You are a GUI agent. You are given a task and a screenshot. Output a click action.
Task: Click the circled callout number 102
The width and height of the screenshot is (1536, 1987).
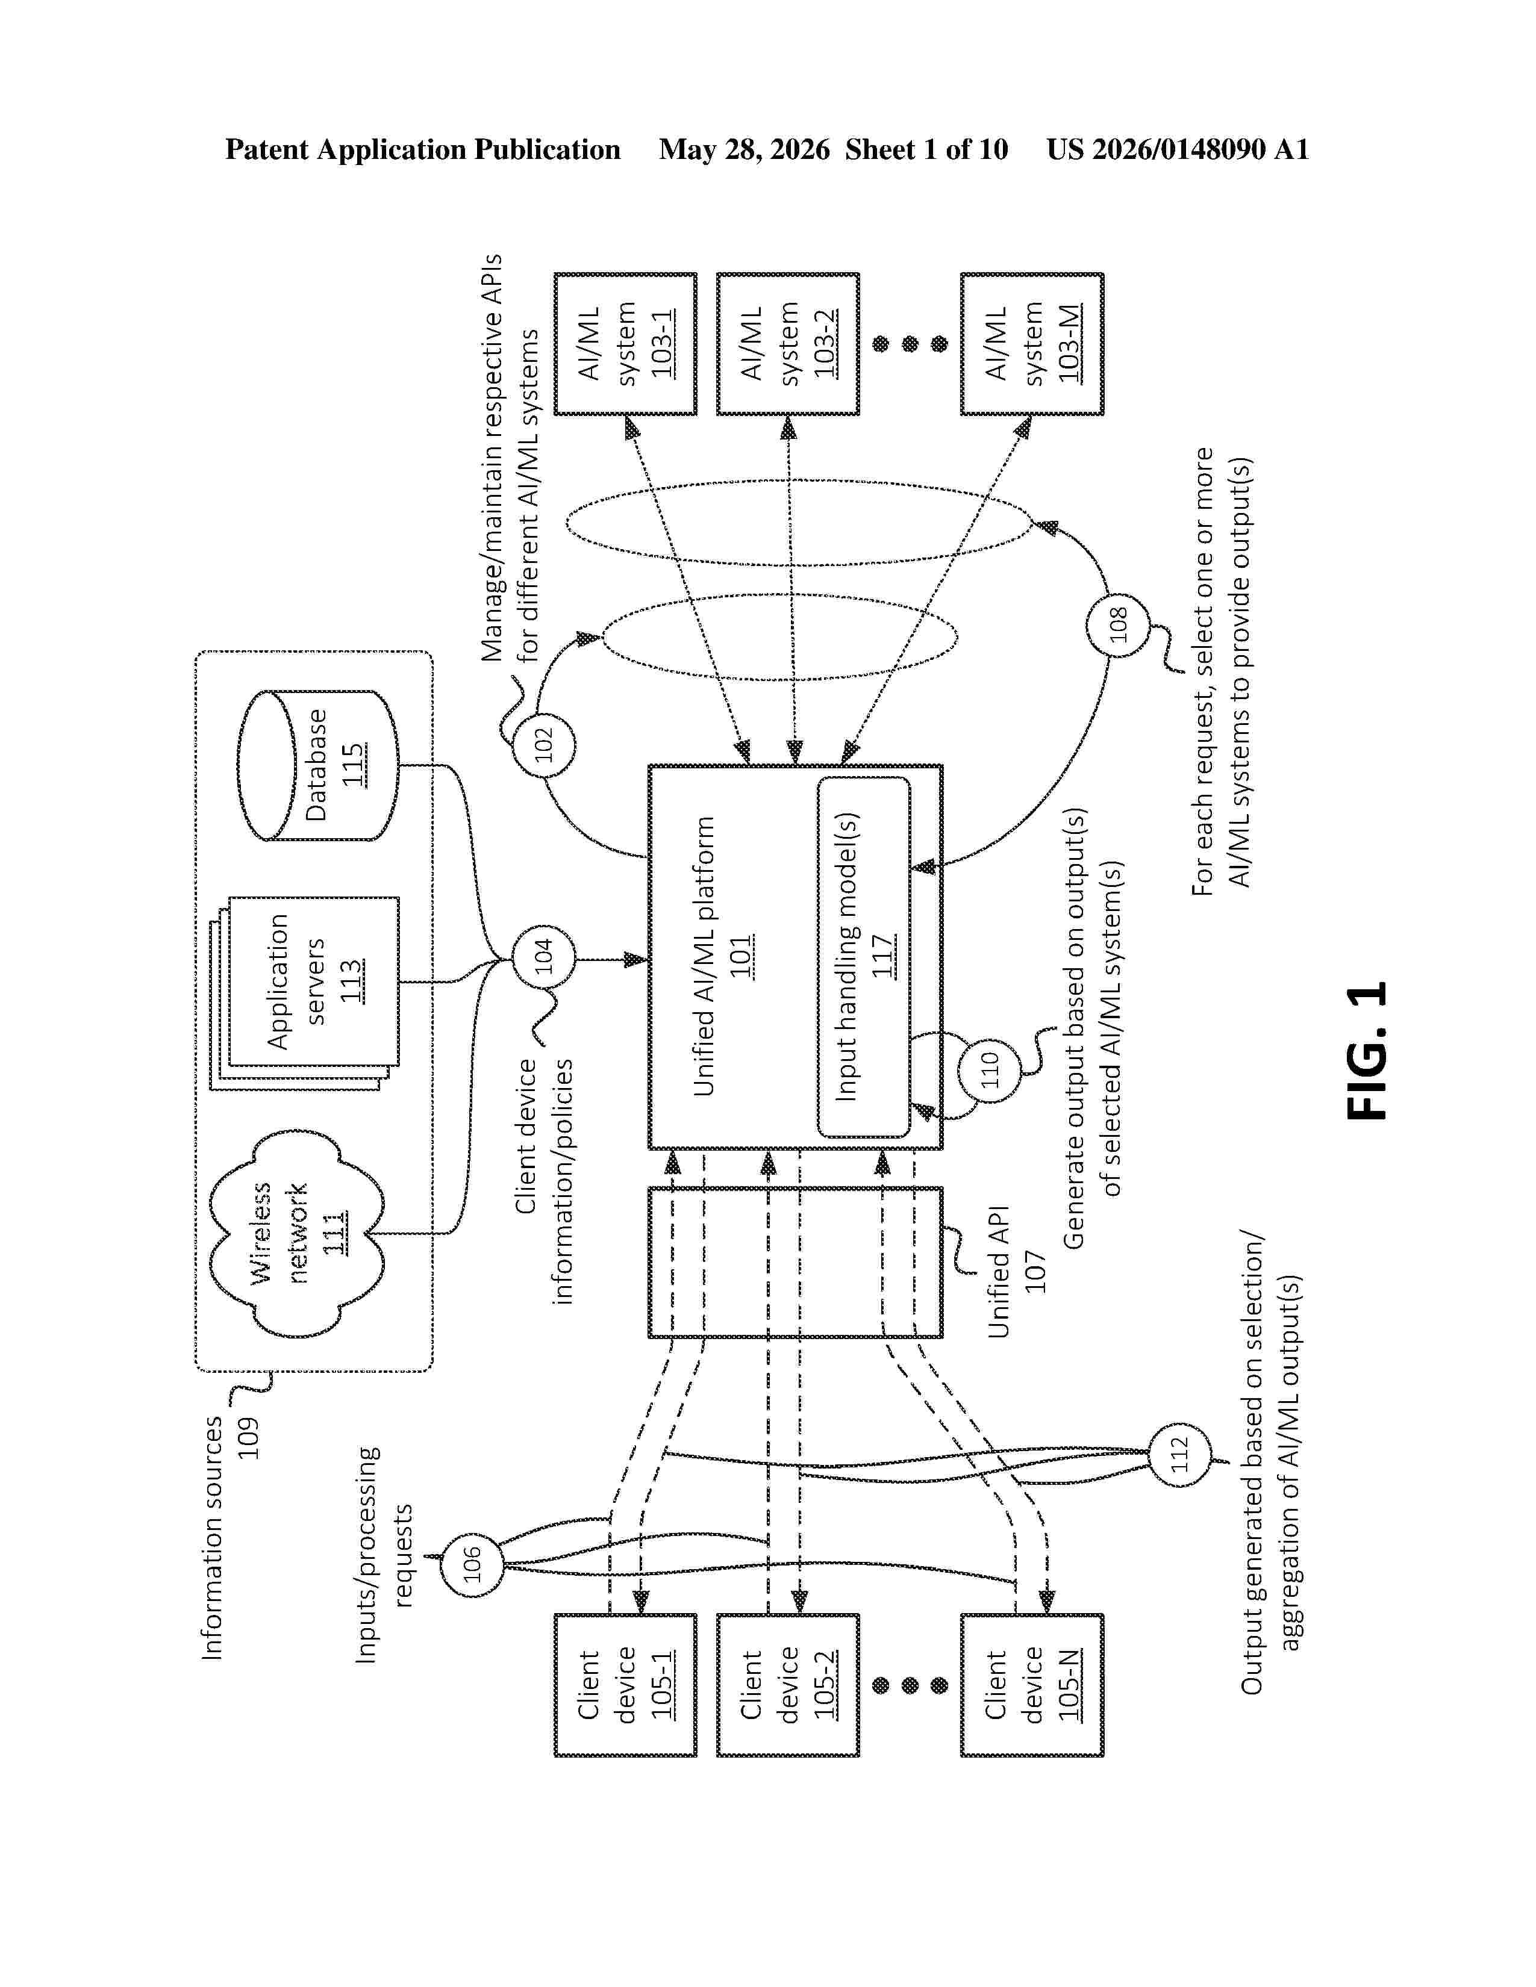coord(543,745)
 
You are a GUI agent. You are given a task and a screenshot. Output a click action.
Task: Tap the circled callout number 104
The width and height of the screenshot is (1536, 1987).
coord(543,958)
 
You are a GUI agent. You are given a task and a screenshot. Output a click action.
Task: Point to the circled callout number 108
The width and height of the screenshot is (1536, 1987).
coord(1119,625)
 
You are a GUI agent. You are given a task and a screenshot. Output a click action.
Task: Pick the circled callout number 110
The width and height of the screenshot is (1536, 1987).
coord(990,1070)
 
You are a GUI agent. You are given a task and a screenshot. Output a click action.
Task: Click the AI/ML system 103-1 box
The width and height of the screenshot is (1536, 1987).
coord(626,344)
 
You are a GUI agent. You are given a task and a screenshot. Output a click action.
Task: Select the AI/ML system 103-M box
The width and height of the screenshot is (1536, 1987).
coord(1032,344)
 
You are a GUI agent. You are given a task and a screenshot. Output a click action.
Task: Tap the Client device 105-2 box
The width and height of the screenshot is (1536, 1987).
coord(788,1685)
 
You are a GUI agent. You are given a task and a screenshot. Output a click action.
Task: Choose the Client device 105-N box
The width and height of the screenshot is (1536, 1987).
coord(1032,1685)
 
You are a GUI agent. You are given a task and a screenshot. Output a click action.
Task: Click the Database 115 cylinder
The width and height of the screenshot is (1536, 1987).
coord(317,765)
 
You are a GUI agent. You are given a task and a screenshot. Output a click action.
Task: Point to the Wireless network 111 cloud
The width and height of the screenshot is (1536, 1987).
coord(296,1234)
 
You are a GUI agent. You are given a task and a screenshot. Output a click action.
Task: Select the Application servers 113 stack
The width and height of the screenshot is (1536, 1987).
coord(304,994)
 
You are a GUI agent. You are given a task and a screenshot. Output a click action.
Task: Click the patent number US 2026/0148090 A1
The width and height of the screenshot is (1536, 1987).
coord(1178,149)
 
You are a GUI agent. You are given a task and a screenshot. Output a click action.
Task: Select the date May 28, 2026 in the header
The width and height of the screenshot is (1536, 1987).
coord(745,150)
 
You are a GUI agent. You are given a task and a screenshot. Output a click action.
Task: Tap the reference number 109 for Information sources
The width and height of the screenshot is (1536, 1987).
coord(248,1437)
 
